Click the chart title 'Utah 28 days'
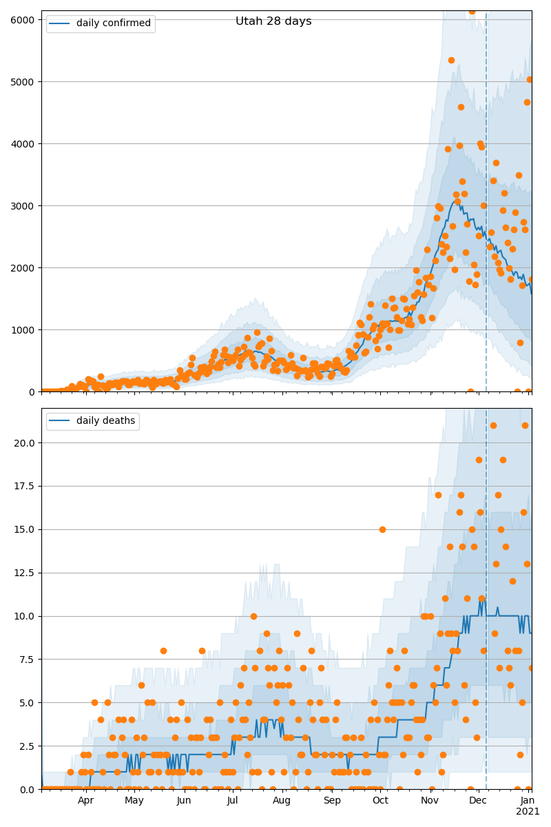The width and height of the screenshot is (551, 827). click(273, 21)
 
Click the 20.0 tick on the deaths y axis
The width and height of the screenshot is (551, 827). click(24, 442)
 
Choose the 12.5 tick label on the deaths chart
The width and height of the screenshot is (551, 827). click(24, 573)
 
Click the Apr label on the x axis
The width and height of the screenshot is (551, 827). click(85, 801)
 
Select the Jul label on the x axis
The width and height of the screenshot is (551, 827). click(232, 801)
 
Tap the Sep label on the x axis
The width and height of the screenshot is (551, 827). click(332, 801)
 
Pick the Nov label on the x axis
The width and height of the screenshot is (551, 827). click(430, 801)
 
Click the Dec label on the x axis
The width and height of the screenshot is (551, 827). click(478, 801)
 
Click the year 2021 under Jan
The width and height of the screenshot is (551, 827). click(528, 812)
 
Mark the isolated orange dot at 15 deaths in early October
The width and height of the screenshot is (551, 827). click(382, 529)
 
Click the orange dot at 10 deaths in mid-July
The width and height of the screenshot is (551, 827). click(253, 616)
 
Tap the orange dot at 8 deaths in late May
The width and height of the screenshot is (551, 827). click(163, 651)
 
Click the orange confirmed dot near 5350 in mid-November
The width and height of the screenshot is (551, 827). click(451, 60)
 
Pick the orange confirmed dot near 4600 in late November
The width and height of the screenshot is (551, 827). click(461, 107)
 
